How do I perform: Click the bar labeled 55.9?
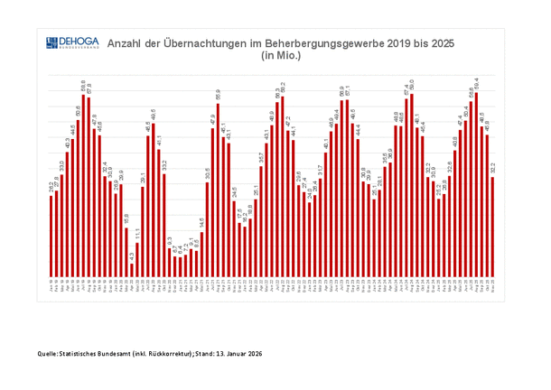tap(218, 190)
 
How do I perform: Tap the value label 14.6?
tap(201, 221)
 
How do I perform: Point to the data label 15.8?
tap(126, 218)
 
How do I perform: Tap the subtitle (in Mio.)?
tap(280, 55)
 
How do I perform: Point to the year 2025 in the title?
tap(440, 42)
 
